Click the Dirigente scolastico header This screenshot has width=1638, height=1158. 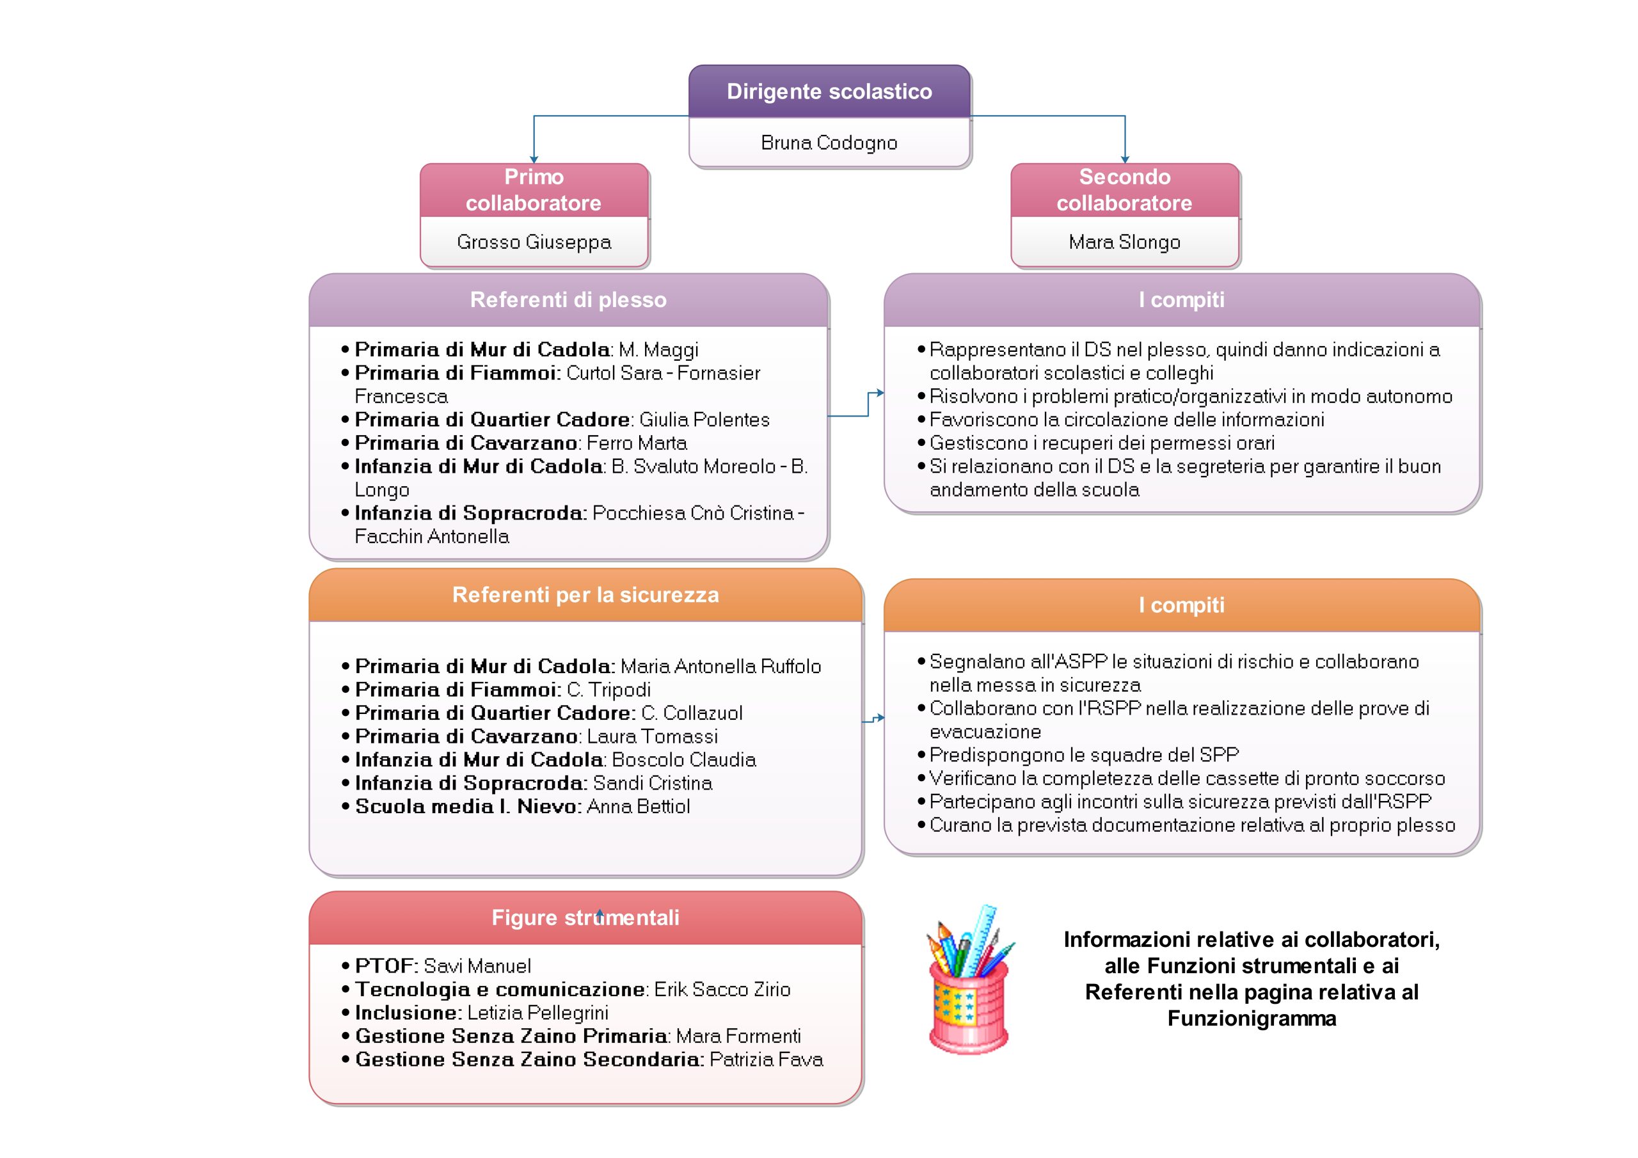click(829, 91)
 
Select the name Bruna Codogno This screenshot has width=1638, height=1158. click(829, 143)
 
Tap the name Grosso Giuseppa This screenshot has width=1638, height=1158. click(534, 242)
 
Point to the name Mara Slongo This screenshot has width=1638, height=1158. click(1124, 242)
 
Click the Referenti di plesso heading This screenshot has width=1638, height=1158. click(569, 299)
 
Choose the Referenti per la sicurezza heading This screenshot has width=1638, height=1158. click(585, 595)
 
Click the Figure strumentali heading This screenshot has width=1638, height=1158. click(585, 917)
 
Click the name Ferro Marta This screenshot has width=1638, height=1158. click(637, 443)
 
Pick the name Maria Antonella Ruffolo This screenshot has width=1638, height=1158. click(720, 667)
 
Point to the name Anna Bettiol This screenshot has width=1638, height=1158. click(638, 807)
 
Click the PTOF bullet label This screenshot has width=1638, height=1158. click(386, 966)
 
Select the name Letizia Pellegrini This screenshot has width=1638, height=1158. click(538, 1013)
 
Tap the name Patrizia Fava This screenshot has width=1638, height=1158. click(766, 1059)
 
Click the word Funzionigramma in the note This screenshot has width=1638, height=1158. click(1252, 1019)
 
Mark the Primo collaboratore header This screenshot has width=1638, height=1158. click(534, 190)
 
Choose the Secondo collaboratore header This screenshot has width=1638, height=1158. click(1124, 190)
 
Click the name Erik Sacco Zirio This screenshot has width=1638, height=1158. click(722, 990)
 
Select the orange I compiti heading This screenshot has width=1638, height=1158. click(1181, 605)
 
